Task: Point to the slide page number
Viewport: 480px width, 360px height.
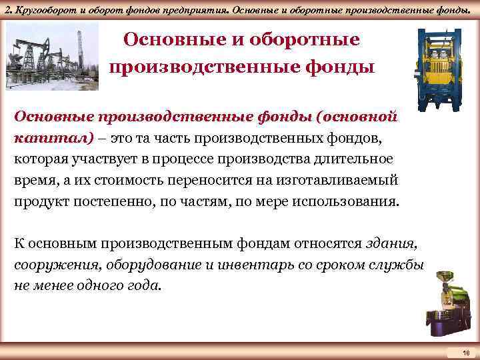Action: [x=466, y=351]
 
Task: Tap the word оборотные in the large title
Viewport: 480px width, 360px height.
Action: [x=309, y=41]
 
